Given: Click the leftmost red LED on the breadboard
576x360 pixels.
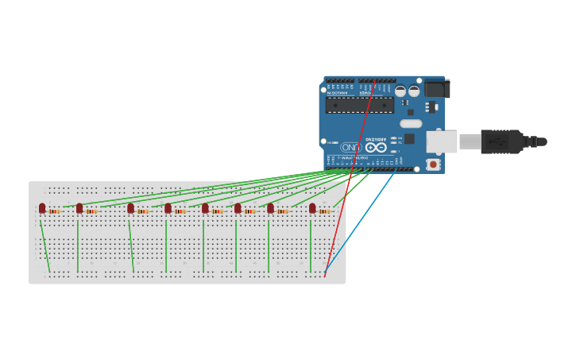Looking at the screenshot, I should point(42,208).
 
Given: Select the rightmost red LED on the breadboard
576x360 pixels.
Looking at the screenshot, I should point(312,208).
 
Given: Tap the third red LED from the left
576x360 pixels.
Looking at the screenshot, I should point(130,208).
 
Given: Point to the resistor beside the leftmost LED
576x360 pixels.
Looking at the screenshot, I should point(55,211).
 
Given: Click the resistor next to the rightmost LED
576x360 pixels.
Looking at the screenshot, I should point(324,211).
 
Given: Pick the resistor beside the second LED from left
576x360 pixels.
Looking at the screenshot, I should point(92,211).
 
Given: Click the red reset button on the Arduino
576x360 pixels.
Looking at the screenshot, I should point(433,165).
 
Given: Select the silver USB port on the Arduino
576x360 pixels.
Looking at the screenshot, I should point(441,141).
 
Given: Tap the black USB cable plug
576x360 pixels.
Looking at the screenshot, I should point(501,141).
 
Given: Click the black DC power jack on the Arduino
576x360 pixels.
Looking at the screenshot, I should point(437,88).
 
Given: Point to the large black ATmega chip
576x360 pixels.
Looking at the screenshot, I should point(359,105).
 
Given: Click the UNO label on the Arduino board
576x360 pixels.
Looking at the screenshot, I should point(350,148).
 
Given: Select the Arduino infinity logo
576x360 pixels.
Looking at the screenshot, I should point(376,147).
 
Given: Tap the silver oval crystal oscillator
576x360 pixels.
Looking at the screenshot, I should point(411,123).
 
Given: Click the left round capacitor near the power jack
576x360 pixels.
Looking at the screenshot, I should point(400,91).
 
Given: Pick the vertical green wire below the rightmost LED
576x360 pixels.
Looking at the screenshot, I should point(310,246).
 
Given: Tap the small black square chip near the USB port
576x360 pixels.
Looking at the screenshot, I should point(409,139).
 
